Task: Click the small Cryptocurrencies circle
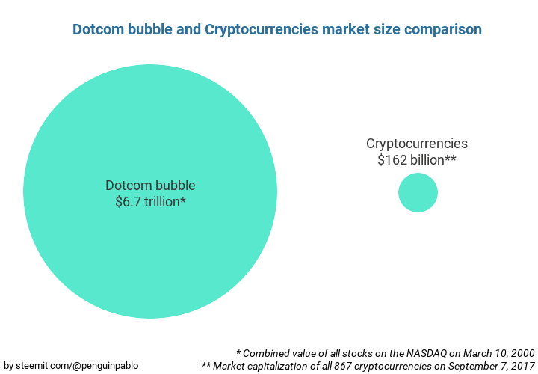(418, 192)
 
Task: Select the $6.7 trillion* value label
(150, 201)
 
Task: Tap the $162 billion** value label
(417, 159)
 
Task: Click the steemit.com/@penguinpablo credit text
(71, 365)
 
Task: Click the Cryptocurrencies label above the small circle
(417, 144)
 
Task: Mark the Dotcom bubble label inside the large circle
(150, 186)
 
